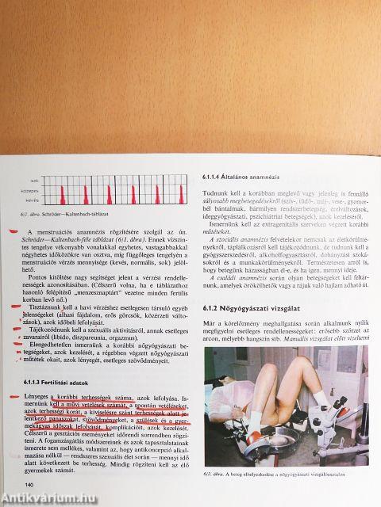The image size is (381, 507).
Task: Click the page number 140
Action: pyautogui.click(x=29, y=485)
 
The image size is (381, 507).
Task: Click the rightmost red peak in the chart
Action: pyautogui.click(x=169, y=193)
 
